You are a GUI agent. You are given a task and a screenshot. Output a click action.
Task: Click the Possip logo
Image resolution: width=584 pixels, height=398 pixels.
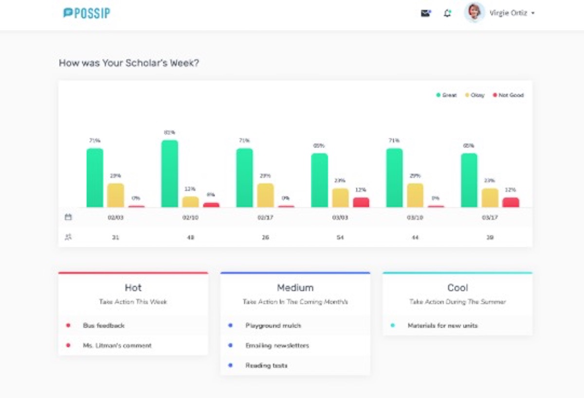tap(87, 13)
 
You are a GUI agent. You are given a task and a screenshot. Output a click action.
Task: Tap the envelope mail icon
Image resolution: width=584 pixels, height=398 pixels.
tap(426, 13)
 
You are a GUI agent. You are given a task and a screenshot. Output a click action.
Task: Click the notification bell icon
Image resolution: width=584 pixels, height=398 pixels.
tap(447, 13)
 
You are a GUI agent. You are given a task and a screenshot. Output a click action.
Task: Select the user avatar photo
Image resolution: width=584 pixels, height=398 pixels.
tap(474, 13)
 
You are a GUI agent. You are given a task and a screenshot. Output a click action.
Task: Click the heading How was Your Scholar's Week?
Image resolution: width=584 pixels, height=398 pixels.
tap(129, 63)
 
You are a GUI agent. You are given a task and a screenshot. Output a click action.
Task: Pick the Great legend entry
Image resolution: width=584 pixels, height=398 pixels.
tap(446, 95)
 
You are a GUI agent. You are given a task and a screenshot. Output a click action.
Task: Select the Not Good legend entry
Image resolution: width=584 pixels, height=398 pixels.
tap(509, 95)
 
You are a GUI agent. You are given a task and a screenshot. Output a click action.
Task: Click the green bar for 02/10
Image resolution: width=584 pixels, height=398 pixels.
tap(170, 174)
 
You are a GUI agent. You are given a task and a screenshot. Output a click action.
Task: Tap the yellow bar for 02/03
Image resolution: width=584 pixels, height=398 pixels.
tap(115, 196)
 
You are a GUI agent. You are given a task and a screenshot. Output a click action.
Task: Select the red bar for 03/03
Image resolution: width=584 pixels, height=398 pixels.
tap(361, 202)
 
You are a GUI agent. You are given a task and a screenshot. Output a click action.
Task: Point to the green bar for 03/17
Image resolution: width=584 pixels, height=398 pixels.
tap(469, 181)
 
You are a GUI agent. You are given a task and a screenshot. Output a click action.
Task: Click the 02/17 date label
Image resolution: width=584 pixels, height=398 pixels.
tap(265, 217)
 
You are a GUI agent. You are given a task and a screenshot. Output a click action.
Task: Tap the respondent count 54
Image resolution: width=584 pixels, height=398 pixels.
tap(340, 237)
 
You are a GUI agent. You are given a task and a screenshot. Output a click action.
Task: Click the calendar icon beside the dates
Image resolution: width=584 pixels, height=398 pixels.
tap(68, 217)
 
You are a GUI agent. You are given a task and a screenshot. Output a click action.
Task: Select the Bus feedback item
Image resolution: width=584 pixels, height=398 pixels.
tap(104, 326)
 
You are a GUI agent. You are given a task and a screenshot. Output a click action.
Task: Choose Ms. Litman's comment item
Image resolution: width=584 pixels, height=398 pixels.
tap(117, 345)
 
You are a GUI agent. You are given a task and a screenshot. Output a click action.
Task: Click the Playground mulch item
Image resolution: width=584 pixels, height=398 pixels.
tap(273, 326)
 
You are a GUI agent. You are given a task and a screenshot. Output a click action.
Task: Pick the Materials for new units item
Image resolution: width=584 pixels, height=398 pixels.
tap(442, 326)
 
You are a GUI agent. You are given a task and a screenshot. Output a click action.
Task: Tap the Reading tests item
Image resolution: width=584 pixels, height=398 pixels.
tap(266, 365)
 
